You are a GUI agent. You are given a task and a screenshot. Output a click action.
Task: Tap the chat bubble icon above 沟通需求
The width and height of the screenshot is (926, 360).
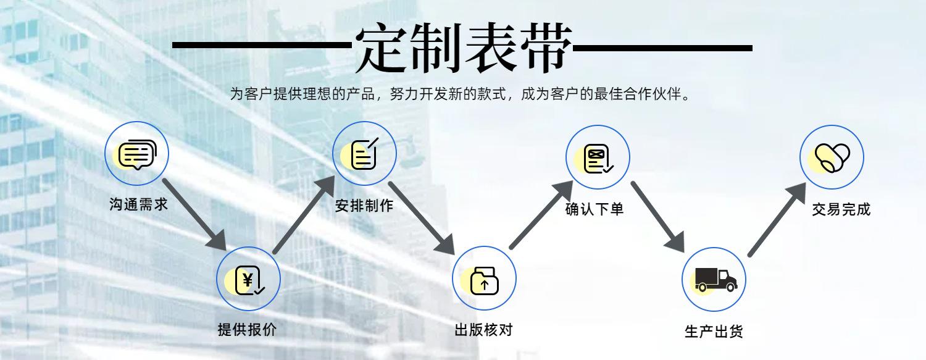click(136, 154)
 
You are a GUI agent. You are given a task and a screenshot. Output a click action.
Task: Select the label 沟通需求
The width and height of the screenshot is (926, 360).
click(138, 204)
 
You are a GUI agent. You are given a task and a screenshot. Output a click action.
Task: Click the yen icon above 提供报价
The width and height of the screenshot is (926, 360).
click(248, 280)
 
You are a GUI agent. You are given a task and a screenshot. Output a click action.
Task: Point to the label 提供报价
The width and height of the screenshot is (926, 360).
click(247, 329)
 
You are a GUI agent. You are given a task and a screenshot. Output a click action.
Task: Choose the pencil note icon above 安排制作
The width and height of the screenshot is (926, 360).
click(364, 154)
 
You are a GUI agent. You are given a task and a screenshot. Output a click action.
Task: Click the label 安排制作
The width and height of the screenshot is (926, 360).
click(364, 206)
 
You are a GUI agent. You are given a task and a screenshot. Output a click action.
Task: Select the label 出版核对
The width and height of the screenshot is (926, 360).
click(483, 329)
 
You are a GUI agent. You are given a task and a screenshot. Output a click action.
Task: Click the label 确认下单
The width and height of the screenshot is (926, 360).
click(594, 209)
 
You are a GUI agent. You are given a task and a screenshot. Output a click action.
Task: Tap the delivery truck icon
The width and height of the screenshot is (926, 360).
click(715, 280)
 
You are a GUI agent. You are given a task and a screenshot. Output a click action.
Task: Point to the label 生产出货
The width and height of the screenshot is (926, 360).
click(714, 331)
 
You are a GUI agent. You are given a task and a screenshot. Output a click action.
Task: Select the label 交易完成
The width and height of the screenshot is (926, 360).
click(841, 209)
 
